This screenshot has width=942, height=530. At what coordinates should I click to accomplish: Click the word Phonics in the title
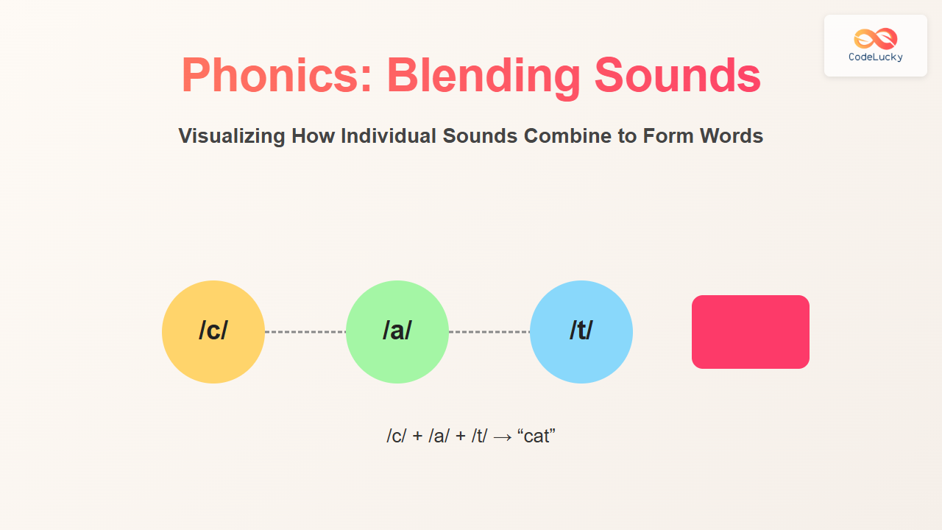click(x=277, y=75)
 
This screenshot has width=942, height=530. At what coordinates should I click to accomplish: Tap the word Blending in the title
click(x=484, y=77)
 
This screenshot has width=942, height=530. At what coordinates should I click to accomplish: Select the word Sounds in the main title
click(x=678, y=75)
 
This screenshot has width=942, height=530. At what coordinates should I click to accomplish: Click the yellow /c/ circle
click(x=213, y=332)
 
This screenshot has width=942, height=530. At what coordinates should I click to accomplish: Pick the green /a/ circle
click(x=397, y=332)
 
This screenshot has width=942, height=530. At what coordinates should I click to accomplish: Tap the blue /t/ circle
click(x=581, y=332)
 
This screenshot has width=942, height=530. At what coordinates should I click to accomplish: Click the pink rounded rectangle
click(x=751, y=332)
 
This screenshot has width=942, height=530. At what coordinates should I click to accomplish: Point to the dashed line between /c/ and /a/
click(x=305, y=332)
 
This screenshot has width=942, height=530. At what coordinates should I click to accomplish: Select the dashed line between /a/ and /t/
click(x=489, y=332)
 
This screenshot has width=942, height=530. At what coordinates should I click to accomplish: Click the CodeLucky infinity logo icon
click(x=876, y=39)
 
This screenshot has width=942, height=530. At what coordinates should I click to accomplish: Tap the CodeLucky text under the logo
click(x=876, y=57)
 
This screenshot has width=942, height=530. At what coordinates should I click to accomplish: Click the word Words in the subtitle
click(x=732, y=136)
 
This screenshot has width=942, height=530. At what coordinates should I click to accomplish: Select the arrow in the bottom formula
click(x=503, y=437)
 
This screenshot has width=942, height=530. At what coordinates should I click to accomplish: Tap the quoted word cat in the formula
click(x=536, y=436)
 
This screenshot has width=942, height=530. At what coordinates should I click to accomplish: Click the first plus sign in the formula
click(x=417, y=437)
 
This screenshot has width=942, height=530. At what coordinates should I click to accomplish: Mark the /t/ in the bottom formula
click(x=479, y=436)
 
